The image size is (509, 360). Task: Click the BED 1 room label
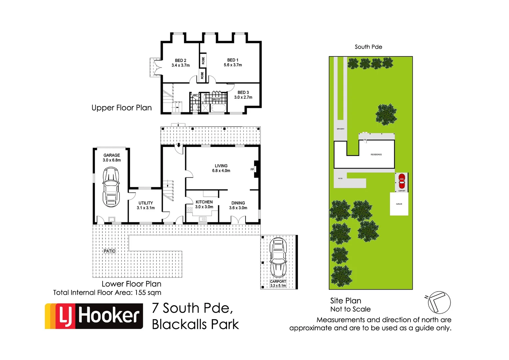[233, 60]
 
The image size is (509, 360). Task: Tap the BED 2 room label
[181, 60]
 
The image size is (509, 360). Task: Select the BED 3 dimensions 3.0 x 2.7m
[243, 97]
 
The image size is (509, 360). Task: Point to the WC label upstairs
[195, 95]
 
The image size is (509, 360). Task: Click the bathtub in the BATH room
[219, 108]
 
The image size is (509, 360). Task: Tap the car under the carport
[278, 257]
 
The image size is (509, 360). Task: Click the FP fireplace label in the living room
[252, 169]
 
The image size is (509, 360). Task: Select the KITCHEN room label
[204, 202]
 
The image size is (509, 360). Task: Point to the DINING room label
[238, 203]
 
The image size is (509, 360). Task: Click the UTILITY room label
[146, 203]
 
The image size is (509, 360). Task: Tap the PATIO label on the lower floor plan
[109, 251]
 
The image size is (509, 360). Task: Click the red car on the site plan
[402, 181]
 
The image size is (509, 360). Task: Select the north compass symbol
[439, 302]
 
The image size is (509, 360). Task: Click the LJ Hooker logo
[94, 316]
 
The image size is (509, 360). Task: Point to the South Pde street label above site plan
[368, 47]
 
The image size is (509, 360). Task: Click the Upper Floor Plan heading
[122, 108]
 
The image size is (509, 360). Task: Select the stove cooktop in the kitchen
[190, 210]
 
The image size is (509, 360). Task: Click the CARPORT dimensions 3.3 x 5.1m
[278, 286]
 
